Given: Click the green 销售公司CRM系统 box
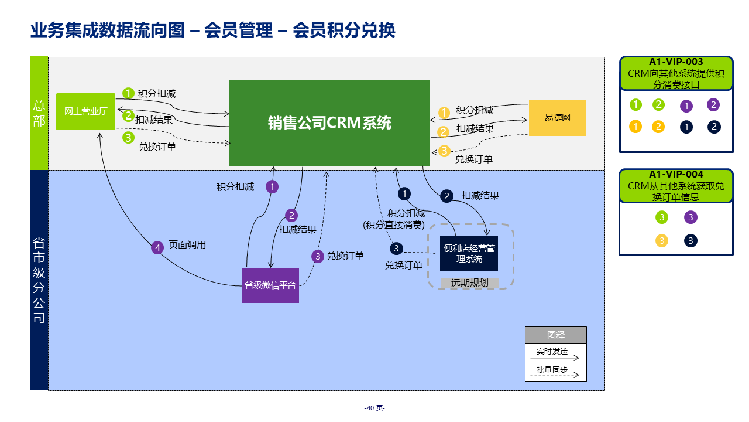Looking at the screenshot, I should [x=329, y=122].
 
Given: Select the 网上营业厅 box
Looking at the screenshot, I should [x=85, y=111].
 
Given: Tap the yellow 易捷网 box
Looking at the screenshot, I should [x=557, y=118].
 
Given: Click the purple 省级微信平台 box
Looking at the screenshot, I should [x=270, y=285].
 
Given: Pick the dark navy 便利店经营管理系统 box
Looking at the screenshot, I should [x=469, y=253].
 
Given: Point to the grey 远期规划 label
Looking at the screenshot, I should [x=469, y=283].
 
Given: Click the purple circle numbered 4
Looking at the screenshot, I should [x=157, y=248].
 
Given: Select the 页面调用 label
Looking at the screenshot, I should [x=187, y=245].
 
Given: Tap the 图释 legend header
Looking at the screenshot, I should [x=555, y=335].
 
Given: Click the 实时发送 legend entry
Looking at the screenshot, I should [x=552, y=351].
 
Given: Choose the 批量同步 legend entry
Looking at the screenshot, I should [x=552, y=370].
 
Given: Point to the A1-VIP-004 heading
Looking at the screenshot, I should [x=676, y=175].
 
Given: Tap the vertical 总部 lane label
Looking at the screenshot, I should [x=39, y=113].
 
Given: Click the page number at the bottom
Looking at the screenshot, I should [x=374, y=408].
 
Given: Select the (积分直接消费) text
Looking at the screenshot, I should [x=394, y=224].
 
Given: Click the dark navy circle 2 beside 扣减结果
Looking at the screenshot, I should [x=447, y=196].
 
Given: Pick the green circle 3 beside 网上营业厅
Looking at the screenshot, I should [x=128, y=138].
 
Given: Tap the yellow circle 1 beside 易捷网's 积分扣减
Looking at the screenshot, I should [x=444, y=112].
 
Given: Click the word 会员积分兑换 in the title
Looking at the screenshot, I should [x=344, y=30].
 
